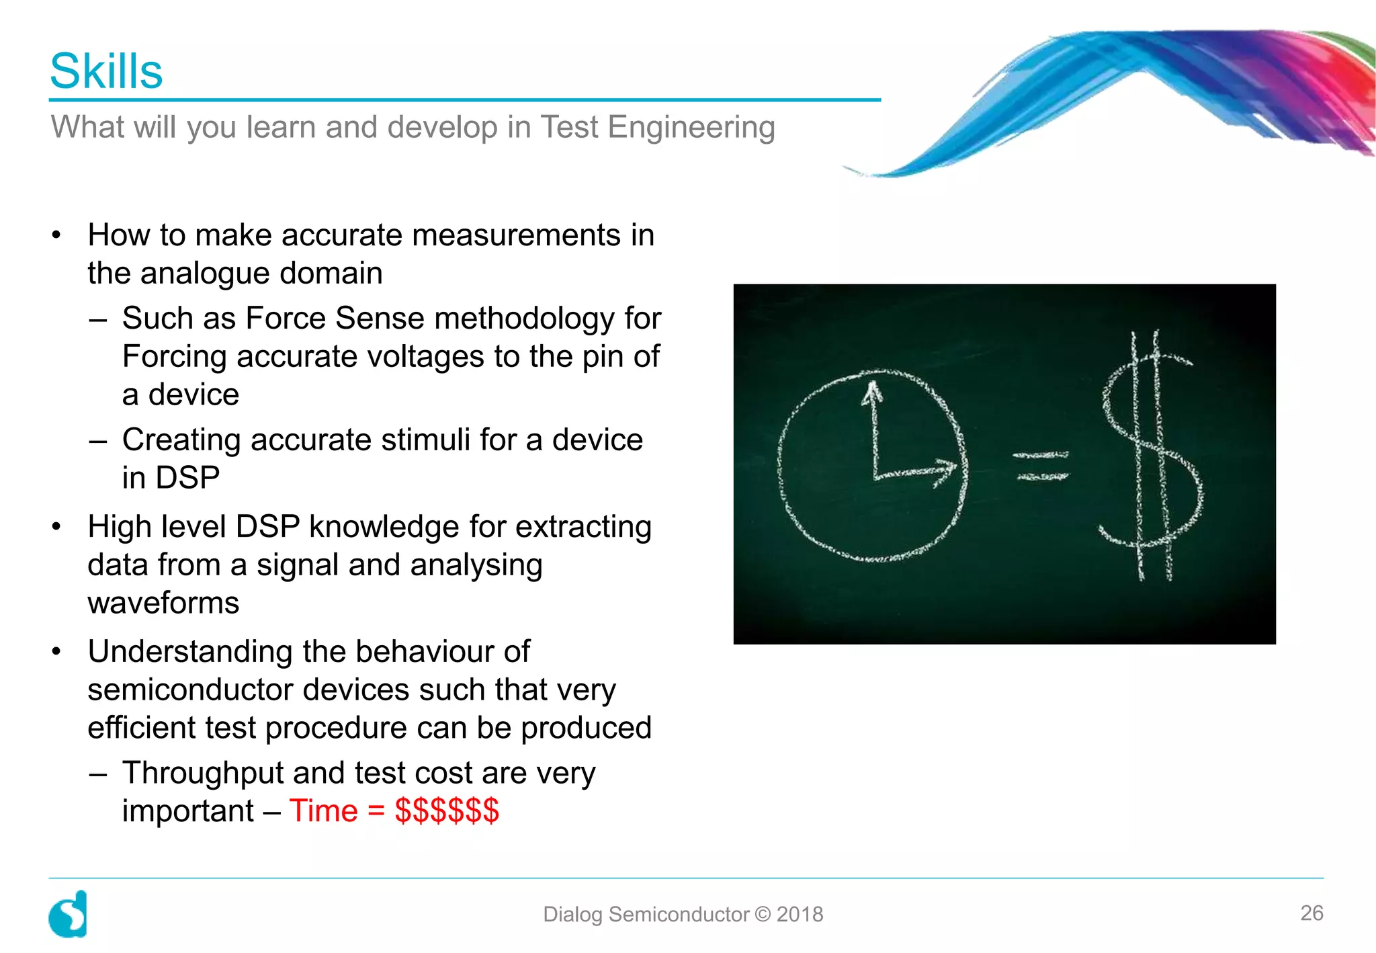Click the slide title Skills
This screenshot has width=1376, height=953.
tap(106, 71)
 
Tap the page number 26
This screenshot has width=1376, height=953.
tap(1311, 913)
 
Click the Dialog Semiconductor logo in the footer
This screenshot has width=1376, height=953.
tap(68, 914)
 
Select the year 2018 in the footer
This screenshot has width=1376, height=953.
tap(800, 914)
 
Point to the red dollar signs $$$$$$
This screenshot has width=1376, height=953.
tap(447, 811)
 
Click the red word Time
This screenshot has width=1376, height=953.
tap(323, 811)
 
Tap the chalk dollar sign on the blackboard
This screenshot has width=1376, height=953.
tap(1150, 457)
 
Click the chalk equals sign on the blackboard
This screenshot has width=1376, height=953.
tap(1041, 466)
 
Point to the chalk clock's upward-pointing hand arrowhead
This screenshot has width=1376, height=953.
tap(872, 392)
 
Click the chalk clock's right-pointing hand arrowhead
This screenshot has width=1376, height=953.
tap(946, 470)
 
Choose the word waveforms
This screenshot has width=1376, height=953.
tap(163, 603)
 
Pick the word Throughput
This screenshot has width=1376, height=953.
tap(203, 773)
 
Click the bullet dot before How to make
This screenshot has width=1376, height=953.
tap(57, 235)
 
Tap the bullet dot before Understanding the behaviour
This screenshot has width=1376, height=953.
tap(57, 651)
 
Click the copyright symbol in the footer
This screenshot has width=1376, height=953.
tap(763, 914)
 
